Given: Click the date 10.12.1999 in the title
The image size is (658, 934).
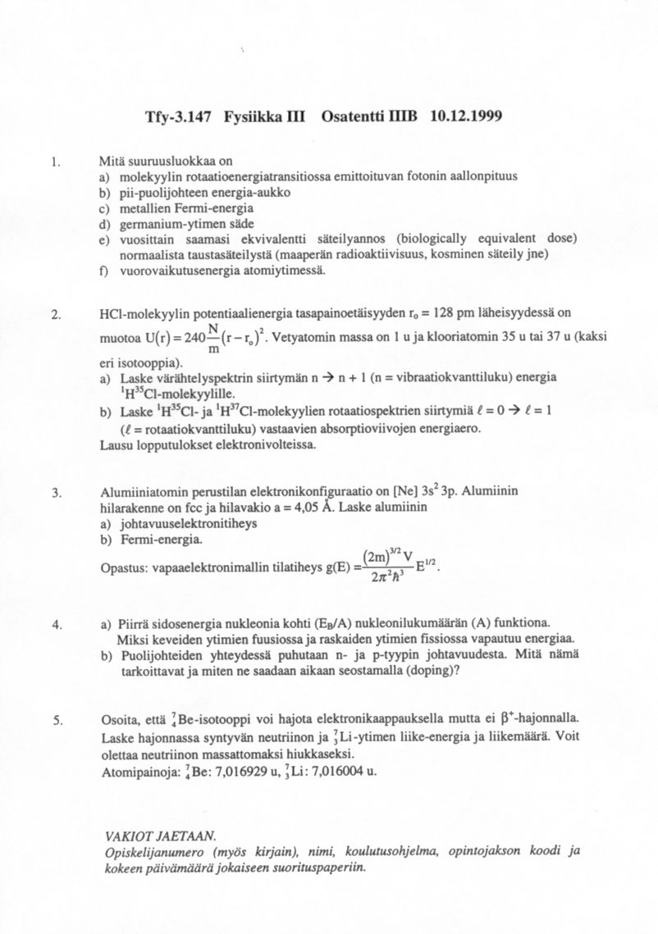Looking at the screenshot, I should point(465,116).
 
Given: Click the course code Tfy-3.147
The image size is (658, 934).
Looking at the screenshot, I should point(177,116).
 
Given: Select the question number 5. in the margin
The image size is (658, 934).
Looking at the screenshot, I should point(57,721).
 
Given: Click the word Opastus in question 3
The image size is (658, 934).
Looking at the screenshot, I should point(123,567).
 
